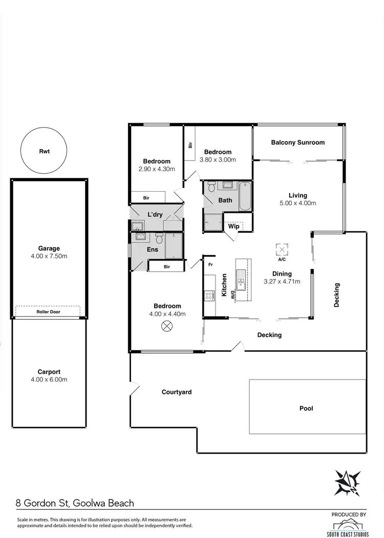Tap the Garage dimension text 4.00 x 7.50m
point(49,256)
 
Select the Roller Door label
point(49,311)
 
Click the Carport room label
point(49,372)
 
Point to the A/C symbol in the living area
point(282,250)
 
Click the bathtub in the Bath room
point(245,196)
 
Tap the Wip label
point(234,226)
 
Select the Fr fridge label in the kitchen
point(210,265)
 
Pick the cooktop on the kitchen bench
point(209,295)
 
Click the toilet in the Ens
point(159,238)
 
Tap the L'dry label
point(155,214)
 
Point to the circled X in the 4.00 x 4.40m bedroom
point(166,325)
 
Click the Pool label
point(306,408)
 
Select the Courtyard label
point(177,392)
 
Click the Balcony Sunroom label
point(297,142)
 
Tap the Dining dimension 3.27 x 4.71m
point(282,281)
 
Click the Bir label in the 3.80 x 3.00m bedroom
point(190,145)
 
